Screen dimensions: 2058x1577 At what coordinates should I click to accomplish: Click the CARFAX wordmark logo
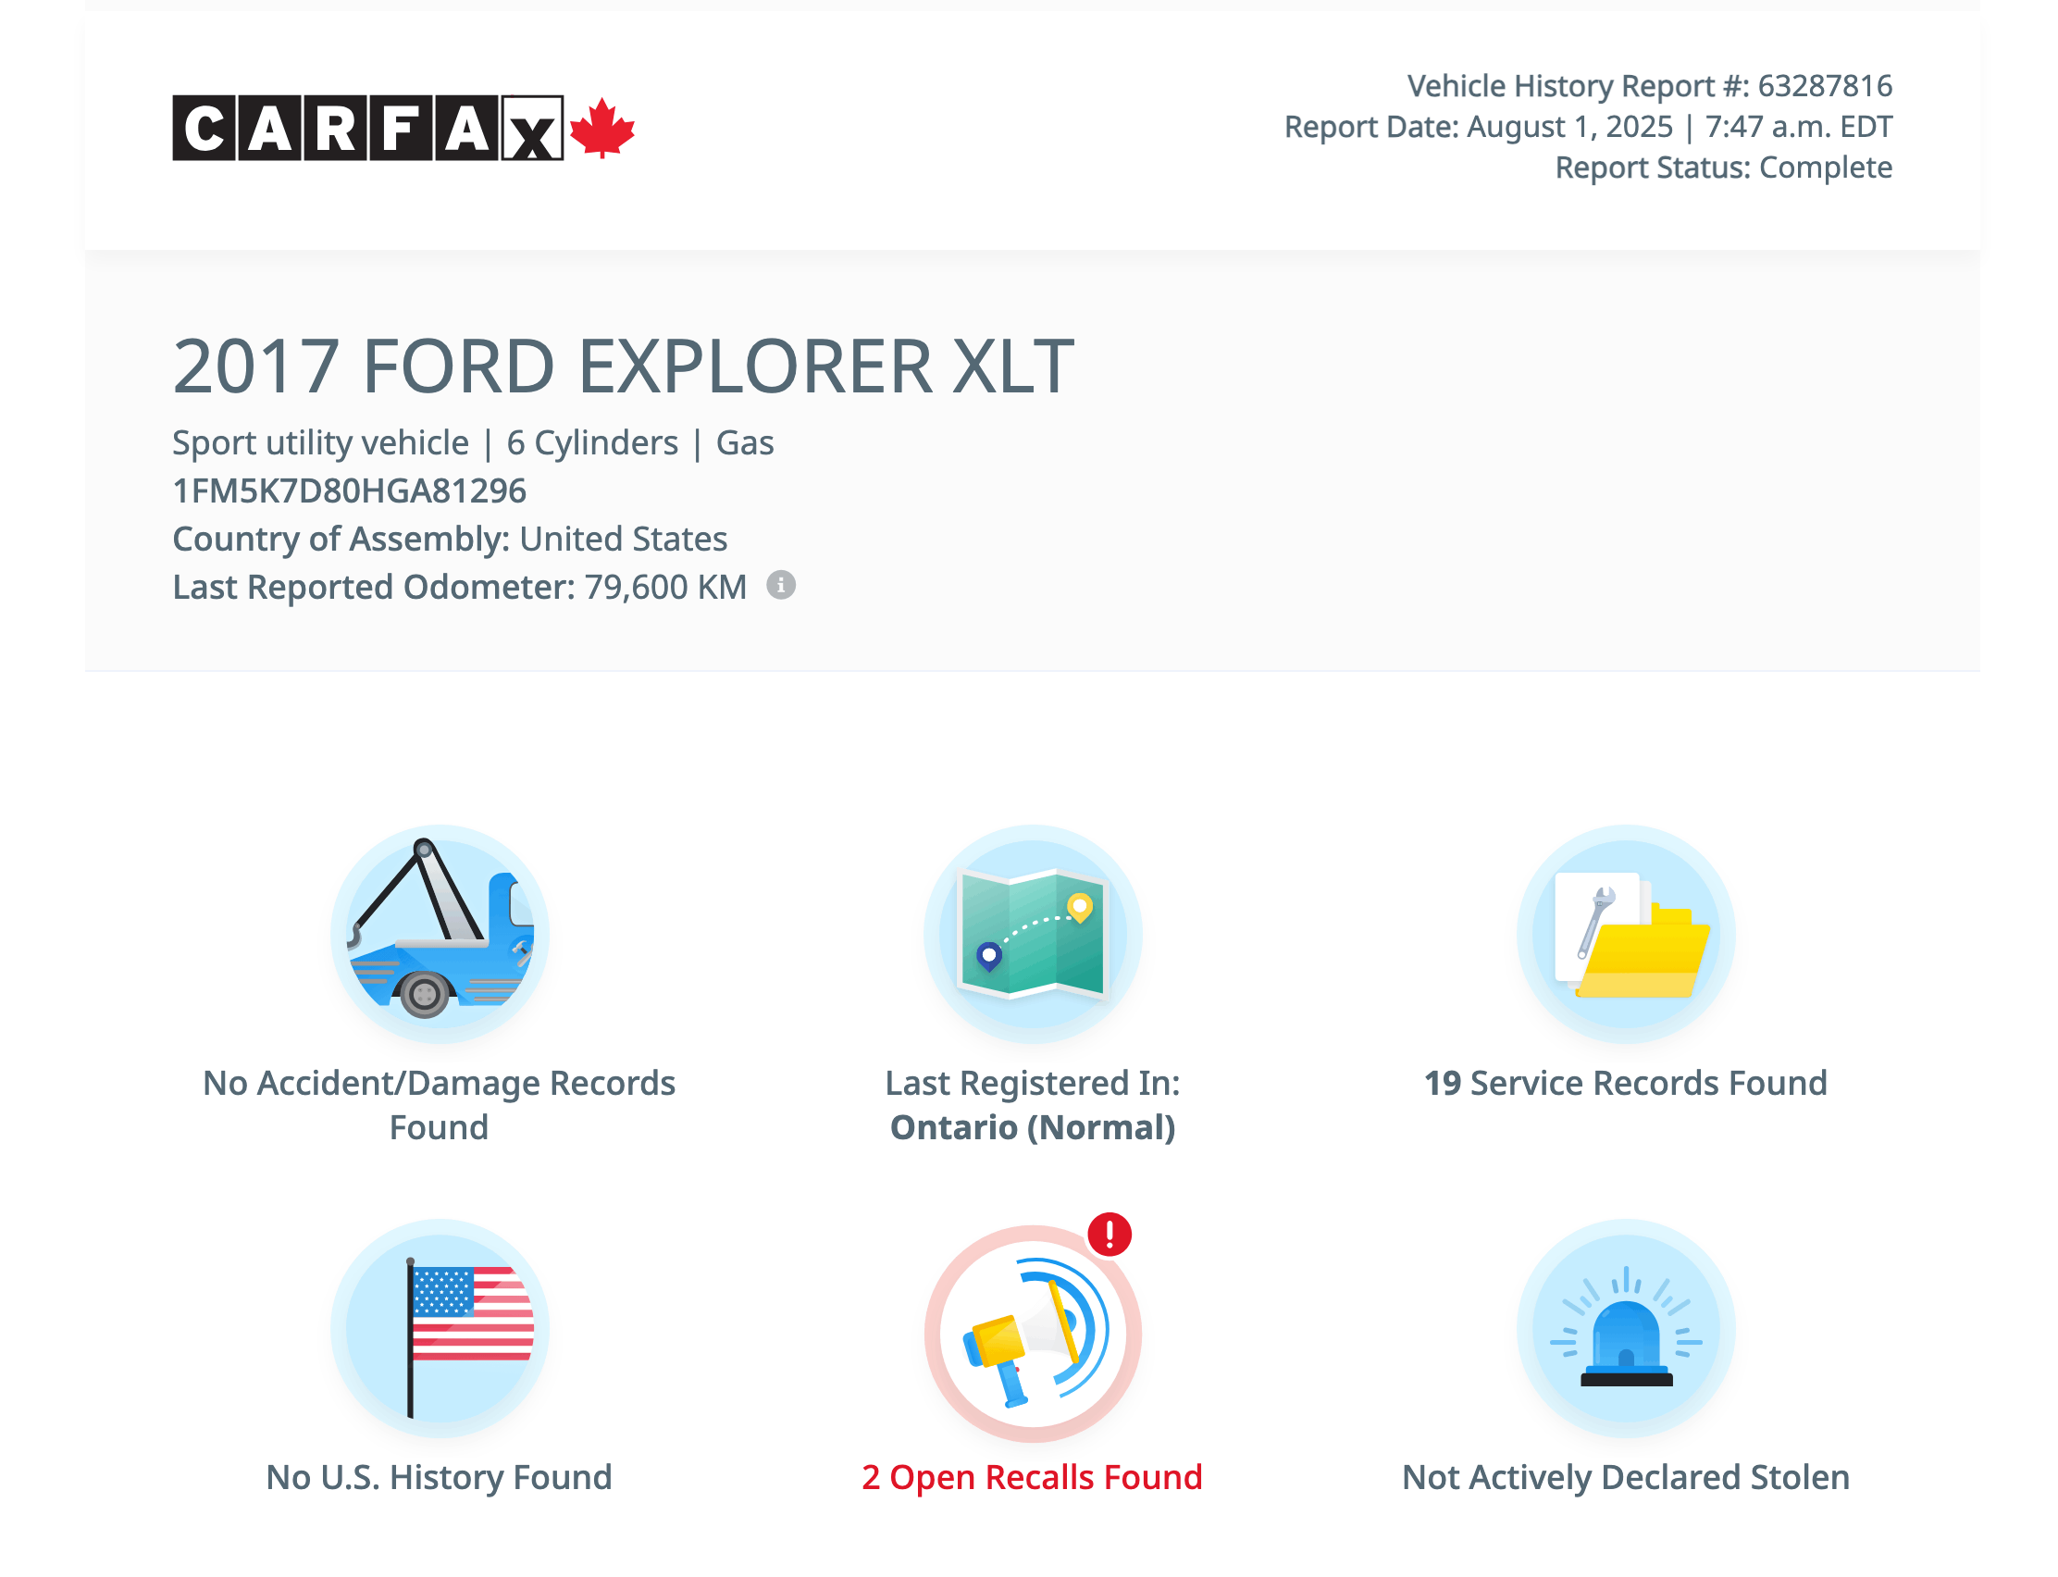(x=367, y=128)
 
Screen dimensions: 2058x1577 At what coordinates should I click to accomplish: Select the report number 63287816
(x=1823, y=85)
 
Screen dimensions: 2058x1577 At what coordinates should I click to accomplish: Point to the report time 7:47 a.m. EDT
(x=1797, y=127)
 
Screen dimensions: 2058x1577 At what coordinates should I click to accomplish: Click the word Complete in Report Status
(x=1824, y=168)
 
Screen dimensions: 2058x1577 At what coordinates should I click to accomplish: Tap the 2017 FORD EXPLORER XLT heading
(x=622, y=366)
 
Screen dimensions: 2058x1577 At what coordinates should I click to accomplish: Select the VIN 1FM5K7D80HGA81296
(x=349, y=490)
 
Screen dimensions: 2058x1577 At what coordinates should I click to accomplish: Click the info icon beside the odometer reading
(x=781, y=585)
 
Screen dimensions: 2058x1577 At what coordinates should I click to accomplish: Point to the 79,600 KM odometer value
(x=665, y=588)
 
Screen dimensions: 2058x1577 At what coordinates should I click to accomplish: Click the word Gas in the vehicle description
(x=744, y=443)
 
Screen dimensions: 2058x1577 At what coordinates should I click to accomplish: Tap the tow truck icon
(x=440, y=934)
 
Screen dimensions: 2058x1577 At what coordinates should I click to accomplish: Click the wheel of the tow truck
(x=424, y=993)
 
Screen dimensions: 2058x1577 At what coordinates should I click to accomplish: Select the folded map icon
(x=1033, y=934)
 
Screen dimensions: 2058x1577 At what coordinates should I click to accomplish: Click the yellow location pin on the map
(x=1080, y=908)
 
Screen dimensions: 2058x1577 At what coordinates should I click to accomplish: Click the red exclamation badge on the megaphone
(x=1110, y=1234)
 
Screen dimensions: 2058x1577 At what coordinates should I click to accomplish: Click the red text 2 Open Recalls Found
(x=1032, y=1477)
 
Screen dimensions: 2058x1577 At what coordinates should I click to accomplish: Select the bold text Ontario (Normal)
(x=1033, y=1127)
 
